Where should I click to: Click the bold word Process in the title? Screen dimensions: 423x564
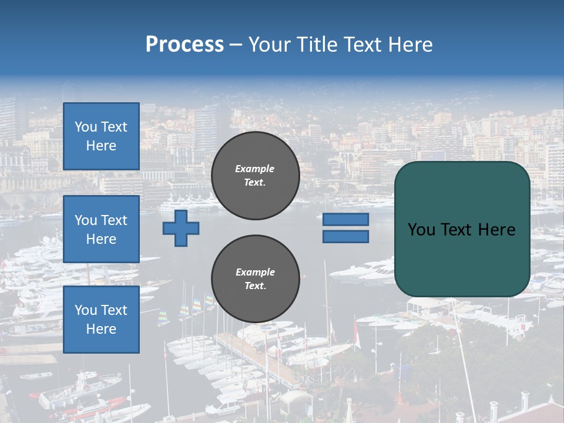[184, 45]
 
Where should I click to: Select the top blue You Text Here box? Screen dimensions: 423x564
[101, 136]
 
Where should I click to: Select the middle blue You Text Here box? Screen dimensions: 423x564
[101, 229]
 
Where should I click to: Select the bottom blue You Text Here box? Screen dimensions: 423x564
[101, 320]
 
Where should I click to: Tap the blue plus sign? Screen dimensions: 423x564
[181, 229]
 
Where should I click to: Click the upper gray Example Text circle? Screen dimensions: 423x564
[255, 175]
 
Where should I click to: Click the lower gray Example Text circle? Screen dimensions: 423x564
[255, 278]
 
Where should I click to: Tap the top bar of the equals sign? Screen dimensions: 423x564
[345, 220]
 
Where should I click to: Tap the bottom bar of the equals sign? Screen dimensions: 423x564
[345, 237]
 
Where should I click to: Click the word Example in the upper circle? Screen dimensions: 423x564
[255, 169]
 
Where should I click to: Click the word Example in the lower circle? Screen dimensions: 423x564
[255, 272]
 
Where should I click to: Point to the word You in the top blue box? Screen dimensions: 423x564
[85, 127]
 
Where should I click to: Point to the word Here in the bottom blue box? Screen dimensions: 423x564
[101, 329]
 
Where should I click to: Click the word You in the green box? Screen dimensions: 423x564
[421, 230]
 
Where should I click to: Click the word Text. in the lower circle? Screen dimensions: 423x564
[255, 286]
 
